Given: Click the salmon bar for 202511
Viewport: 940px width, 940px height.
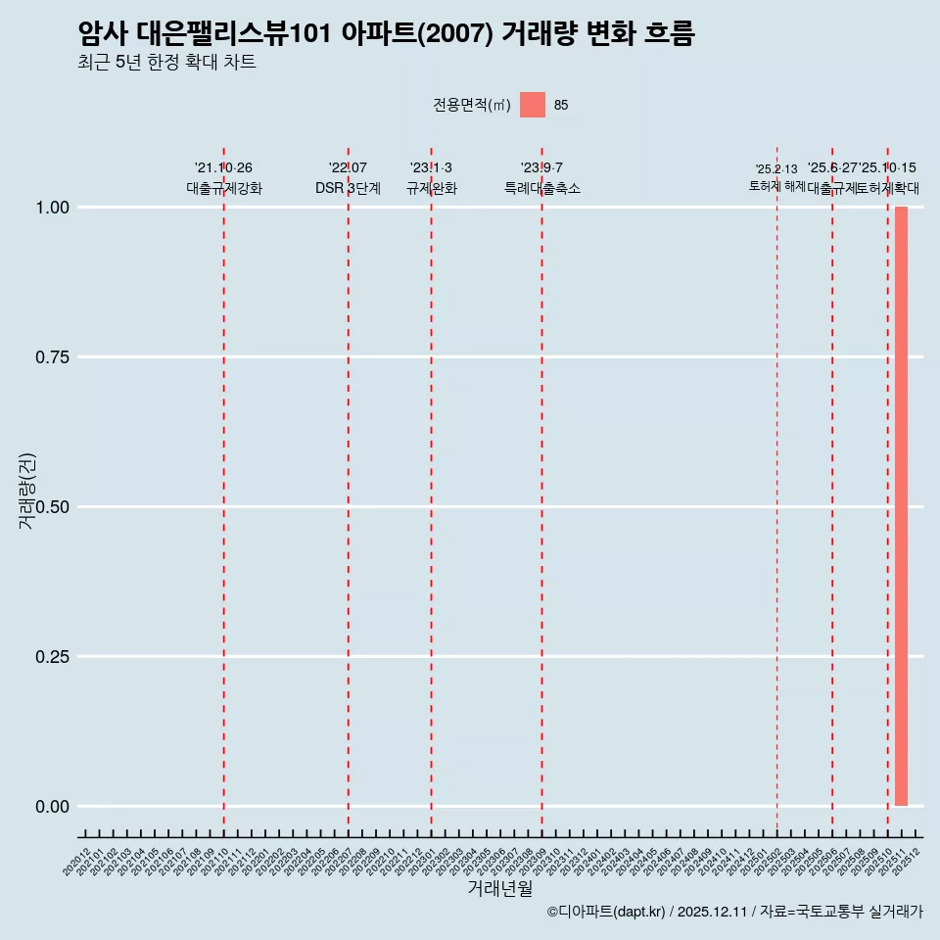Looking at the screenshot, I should click(901, 506).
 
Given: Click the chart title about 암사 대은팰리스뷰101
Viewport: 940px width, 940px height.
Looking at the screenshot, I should click(386, 34).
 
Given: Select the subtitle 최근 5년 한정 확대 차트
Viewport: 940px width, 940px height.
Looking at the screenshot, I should click(166, 63).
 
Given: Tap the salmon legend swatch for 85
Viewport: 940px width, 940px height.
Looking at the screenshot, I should click(533, 105).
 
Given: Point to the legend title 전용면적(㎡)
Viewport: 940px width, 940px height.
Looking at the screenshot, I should click(472, 105).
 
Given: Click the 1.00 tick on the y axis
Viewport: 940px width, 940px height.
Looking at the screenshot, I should click(51, 208).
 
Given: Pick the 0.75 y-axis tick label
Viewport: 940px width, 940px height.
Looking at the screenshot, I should click(51, 357).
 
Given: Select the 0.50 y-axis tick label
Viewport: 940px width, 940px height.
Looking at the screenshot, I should click(51, 507).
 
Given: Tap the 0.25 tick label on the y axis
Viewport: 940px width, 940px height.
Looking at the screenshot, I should click(51, 657).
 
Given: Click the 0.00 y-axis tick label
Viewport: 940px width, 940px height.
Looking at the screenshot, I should click(51, 807).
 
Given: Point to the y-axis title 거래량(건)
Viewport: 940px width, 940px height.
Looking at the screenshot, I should click(27, 492).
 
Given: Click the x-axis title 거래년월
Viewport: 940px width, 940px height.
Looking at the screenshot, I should click(500, 888).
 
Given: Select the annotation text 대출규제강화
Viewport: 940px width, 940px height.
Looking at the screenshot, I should click(223, 188).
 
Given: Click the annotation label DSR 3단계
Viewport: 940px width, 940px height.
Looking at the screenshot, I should click(348, 188).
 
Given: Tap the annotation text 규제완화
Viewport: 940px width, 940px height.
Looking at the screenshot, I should click(431, 188).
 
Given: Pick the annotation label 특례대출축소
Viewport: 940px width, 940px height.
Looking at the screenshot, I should click(541, 188).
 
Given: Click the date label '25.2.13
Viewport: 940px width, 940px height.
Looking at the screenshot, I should click(776, 169).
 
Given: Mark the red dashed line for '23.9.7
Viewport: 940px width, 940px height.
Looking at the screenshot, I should click(541, 490).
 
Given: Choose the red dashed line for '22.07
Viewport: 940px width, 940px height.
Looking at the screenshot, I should click(348, 490).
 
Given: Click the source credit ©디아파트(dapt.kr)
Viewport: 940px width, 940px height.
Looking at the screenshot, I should click(606, 912).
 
